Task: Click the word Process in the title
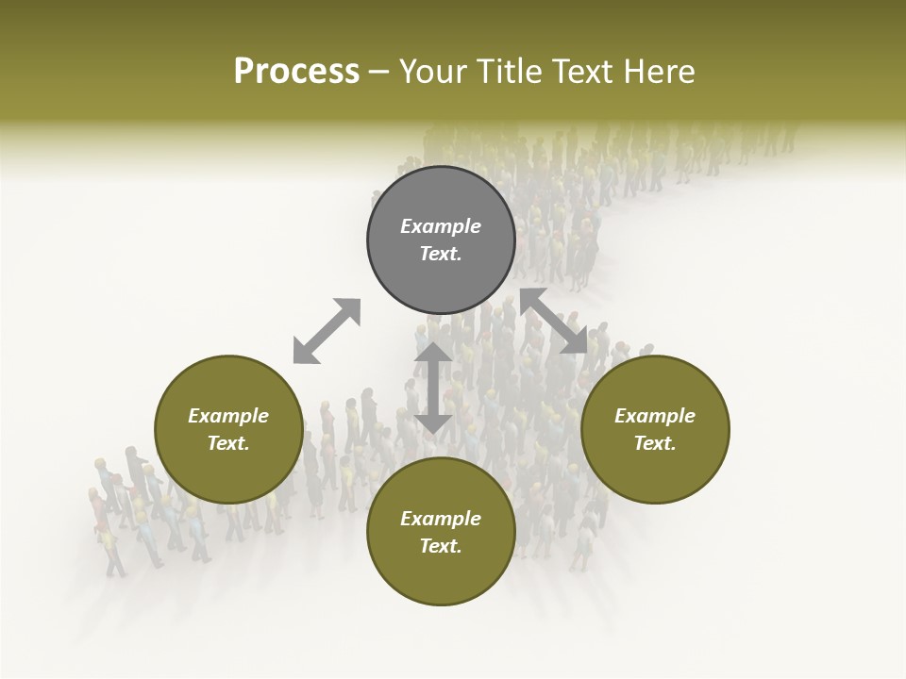pos(296,72)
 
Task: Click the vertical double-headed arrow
pos(433,388)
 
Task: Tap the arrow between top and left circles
pos(327,331)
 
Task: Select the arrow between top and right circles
pos(554,322)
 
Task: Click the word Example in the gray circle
pos(441,226)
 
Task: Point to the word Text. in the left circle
pos(228,443)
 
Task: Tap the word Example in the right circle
pos(655,416)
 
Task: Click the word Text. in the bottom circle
pos(441,546)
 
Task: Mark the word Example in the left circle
pos(228,416)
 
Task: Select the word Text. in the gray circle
pos(441,254)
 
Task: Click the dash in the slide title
pos(379,72)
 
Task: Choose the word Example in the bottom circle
pos(441,519)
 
